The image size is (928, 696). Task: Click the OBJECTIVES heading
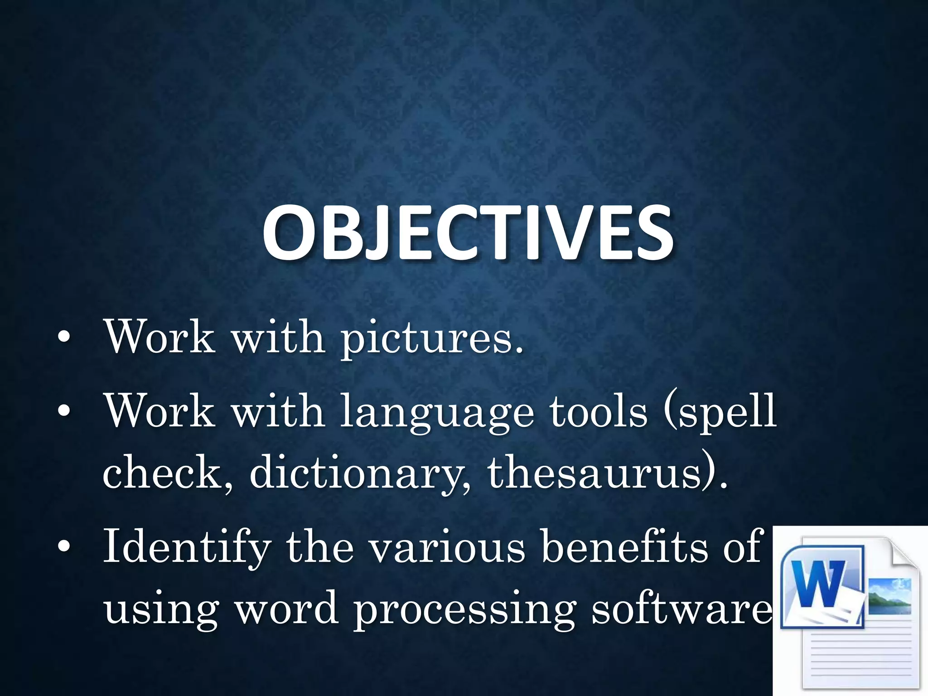[x=468, y=234]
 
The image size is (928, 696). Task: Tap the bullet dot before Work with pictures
[x=64, y=337]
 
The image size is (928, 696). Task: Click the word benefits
[x=624, y=546]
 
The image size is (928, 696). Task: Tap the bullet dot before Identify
[x=64, y=547]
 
